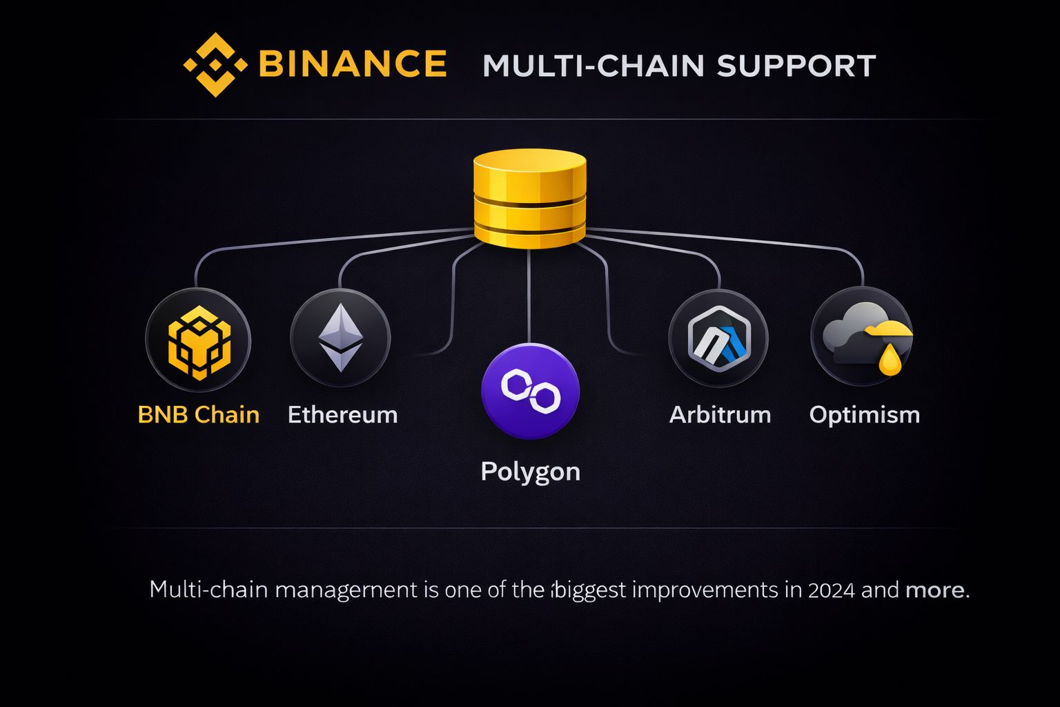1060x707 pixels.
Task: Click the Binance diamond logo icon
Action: click(x=215, y=65)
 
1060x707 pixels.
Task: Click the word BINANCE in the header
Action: click(x=352, y=64)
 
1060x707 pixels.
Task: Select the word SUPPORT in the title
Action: click(x=796, y=66)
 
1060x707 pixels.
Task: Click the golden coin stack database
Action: click(x=529, y=198)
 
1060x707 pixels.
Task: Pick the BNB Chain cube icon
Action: click(x=199, y=342)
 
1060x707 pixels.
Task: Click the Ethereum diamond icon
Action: click(x=340, y=338)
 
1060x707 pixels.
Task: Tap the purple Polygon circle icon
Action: click(x=530, y=391)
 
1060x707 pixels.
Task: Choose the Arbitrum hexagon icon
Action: click(x=718, y=339)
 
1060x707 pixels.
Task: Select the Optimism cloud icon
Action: click(x=861, y=338)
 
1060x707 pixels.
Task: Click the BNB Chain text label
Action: click(x=199, y=415)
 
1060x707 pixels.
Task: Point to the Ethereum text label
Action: click(x=342, y=415)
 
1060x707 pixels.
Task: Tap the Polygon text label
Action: click(x=530, y=472)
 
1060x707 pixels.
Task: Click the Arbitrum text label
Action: click(x=720, y=415)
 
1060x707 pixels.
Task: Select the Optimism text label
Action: click(x=864, y=415)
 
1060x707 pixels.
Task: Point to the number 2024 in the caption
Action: click(x=831, y=590)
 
